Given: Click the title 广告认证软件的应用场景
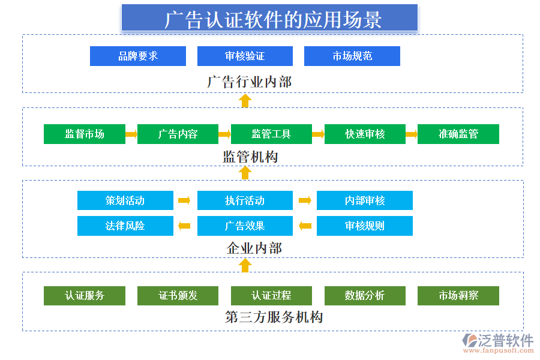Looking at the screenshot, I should (x=269, y=18).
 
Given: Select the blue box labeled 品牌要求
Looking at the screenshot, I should (x=137, y=56).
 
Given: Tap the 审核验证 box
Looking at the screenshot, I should (x=245, y=56).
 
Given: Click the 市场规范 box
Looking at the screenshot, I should (x=352, y=56).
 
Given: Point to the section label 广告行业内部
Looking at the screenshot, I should (x=250, y=82).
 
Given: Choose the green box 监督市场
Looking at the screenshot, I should (x=85, y=134).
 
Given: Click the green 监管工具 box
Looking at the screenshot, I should (x=271, y=134).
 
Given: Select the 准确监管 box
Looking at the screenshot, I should (x=458, y=134).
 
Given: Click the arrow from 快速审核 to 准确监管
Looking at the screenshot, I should (x=411, y=134).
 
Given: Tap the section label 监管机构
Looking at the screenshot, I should (x=250, y=157).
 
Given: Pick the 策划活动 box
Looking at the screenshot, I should (x=125, y=200).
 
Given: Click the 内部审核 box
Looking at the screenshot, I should (x=364, y=200).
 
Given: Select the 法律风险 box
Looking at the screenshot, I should (x=125, y=226).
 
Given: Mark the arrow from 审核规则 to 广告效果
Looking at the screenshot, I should (x=305, y=226).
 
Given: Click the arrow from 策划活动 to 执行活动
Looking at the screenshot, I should (x=185, y=200).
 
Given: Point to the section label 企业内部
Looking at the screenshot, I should (x=254, y=248).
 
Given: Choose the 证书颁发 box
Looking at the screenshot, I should (x=178, y=295).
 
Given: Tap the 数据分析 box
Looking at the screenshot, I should (x=365, y=295).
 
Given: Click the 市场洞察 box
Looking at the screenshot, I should (x=458, y=295).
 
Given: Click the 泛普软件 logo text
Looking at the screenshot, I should (x=505, y=340).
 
